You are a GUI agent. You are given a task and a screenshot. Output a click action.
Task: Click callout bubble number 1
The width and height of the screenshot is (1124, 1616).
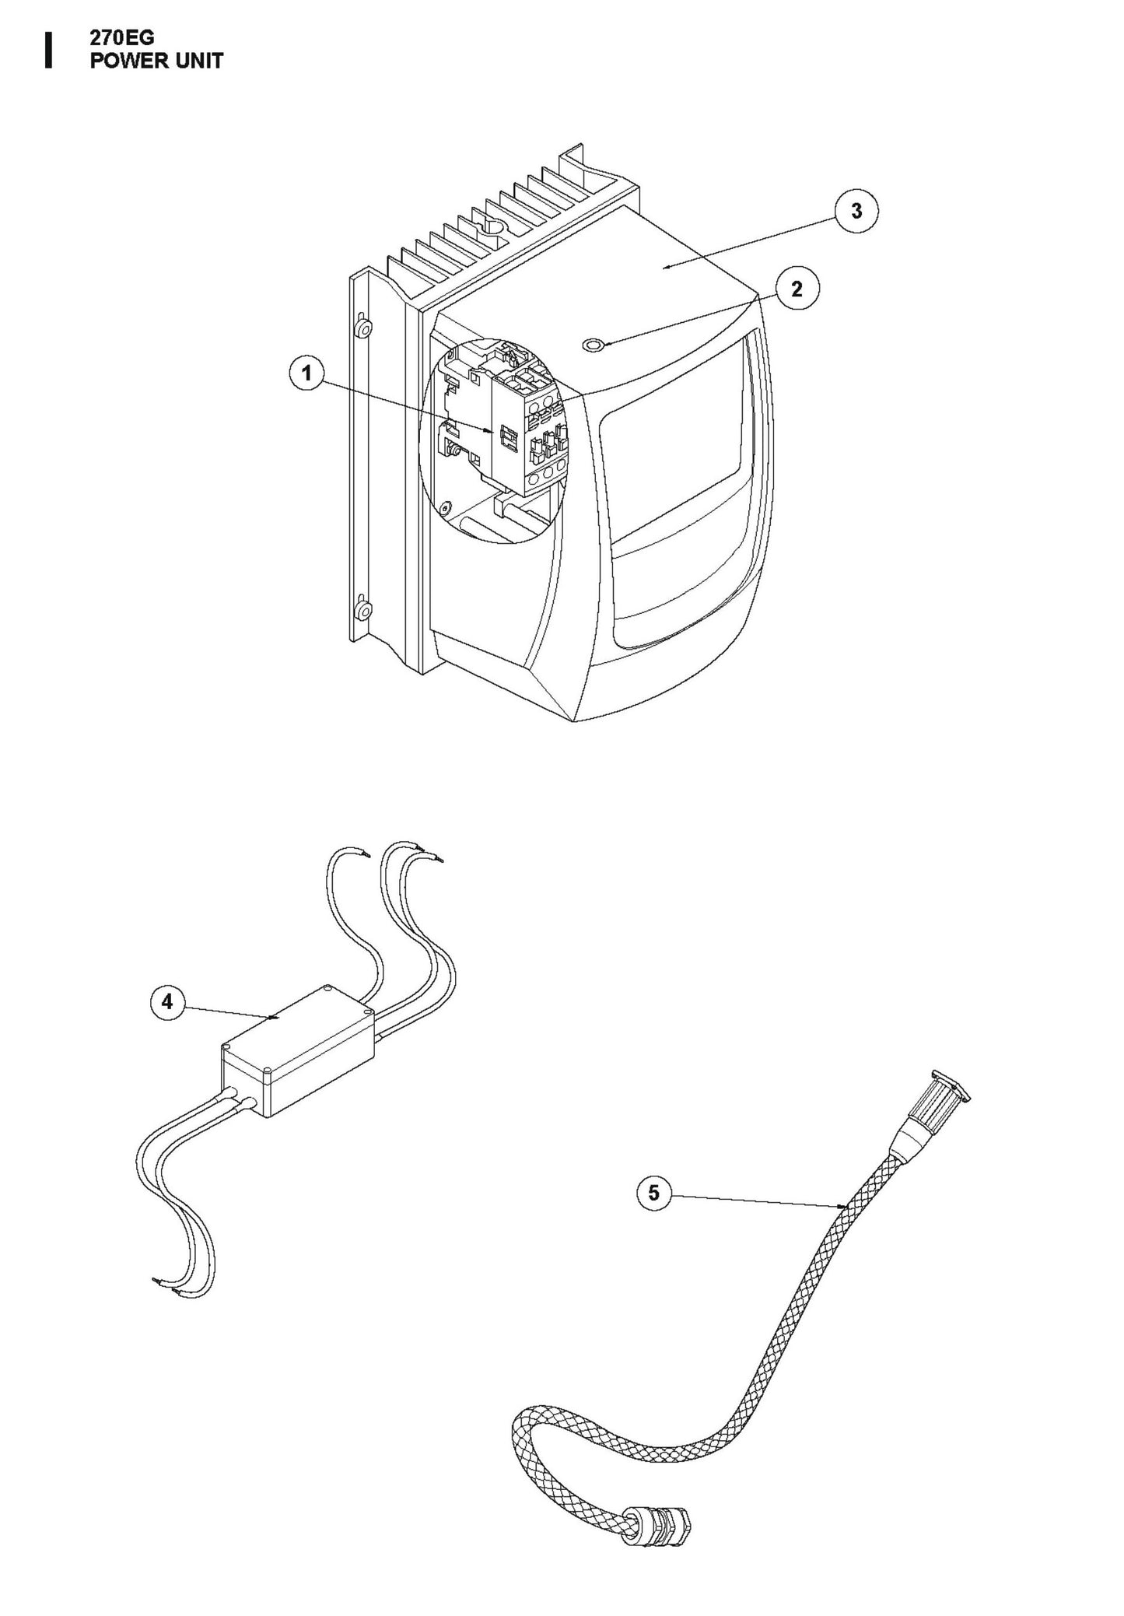[x=306, y=373]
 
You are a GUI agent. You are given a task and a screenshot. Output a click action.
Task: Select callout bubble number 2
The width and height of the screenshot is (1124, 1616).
[x=796, y=289]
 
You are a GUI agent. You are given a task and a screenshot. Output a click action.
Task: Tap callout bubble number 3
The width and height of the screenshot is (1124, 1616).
[x=856, y=211]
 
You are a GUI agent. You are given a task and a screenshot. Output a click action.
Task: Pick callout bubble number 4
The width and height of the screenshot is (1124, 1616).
[x=167, y=1002]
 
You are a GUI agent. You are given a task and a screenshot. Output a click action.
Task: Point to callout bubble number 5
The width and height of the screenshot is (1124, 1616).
[x=653, y=1192]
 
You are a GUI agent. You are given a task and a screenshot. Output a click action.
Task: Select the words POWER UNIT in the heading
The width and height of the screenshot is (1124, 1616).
[x=156, y=61]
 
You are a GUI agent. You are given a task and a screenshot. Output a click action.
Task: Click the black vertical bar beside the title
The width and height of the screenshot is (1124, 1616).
[x=49, y=51]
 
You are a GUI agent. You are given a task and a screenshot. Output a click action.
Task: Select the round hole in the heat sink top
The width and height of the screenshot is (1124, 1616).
[x=492, y=228]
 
